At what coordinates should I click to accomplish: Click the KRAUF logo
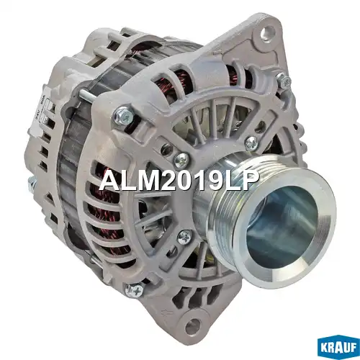pos(338,348)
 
